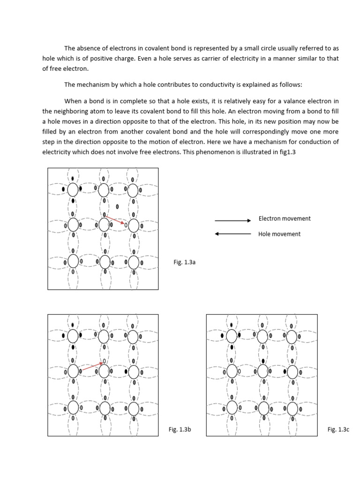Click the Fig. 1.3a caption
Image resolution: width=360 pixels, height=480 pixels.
184,262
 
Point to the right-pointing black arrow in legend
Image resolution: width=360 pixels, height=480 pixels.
233,220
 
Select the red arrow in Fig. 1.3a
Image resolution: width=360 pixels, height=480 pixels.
115,220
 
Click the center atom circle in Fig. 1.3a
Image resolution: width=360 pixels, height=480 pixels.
104,225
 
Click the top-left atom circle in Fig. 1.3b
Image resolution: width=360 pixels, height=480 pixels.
73,336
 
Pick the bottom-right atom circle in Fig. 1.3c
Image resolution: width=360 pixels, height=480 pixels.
292,408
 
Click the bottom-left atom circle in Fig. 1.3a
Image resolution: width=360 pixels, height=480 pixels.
73,261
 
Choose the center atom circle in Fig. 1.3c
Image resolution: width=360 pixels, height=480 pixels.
262,372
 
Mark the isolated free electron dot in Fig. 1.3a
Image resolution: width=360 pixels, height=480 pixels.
117,206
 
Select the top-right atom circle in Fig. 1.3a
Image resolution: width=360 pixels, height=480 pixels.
133,190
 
